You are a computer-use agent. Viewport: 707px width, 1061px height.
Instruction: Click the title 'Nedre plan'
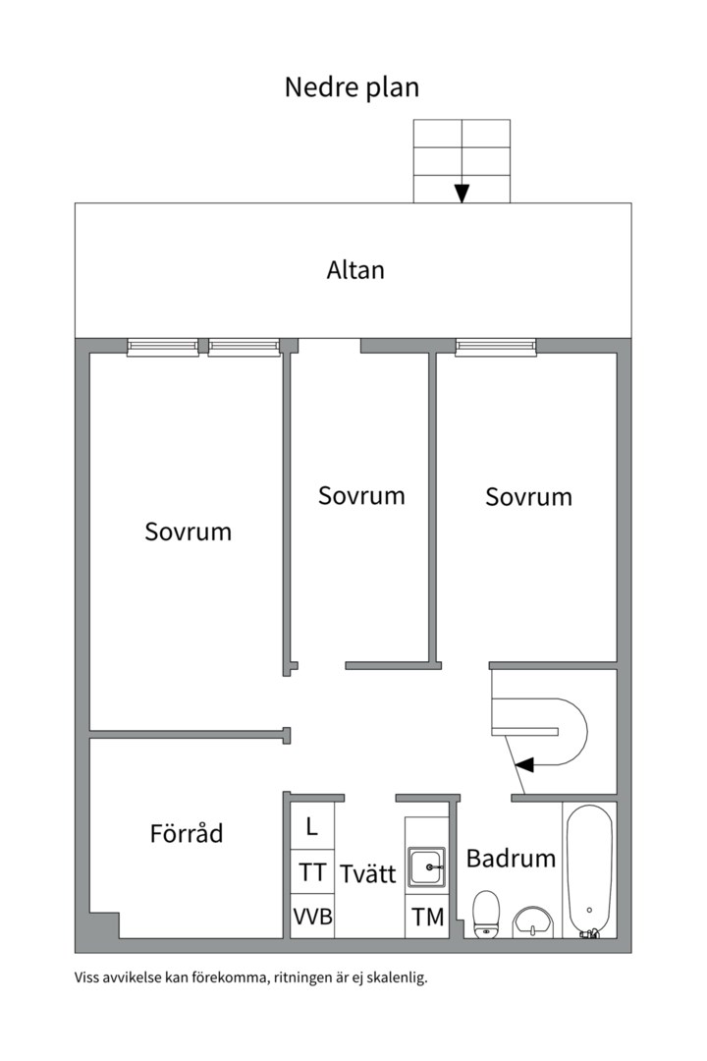click(352, 88)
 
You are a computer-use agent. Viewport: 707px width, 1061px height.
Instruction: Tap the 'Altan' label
click(355, 270)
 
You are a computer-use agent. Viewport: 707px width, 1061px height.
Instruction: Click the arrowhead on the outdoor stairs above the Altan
click(462, 194)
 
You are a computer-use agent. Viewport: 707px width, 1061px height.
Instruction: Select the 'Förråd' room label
click(187, 832)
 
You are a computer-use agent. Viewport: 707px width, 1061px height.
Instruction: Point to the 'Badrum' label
click(511, 858)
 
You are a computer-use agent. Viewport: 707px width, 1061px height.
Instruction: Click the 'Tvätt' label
click(367, 873)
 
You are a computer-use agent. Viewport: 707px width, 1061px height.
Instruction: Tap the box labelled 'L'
click(312, 826)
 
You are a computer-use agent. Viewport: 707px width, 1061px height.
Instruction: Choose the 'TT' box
click(312, 871)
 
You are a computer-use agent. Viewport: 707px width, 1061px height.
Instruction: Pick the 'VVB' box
click(312, 917)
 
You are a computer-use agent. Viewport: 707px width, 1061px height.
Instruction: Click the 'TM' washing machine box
click(427, 917)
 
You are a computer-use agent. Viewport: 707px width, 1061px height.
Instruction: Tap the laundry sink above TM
click(426, 866)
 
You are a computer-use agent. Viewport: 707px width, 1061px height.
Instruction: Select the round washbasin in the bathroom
click(533, 921)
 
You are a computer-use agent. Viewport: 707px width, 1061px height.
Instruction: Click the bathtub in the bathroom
click(589, 870)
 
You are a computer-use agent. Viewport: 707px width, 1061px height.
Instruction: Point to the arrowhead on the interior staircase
click(524, 764)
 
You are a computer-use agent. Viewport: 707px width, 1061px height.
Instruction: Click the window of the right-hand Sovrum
click(496, 347)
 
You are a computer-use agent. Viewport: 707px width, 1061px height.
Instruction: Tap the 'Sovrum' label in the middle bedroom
click(361, 496)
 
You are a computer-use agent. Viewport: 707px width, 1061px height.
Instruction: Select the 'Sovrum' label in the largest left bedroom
click(189, 531)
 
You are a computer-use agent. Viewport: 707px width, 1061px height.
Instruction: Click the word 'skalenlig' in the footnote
click(398, 977)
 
